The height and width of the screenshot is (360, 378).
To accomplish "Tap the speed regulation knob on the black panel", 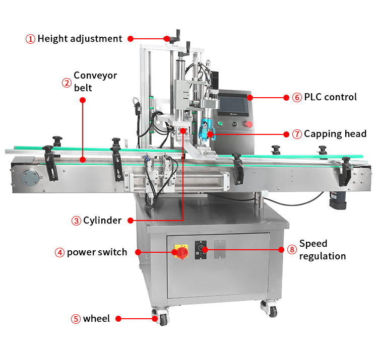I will [203, 249].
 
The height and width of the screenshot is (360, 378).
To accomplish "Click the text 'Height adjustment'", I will [80, 39].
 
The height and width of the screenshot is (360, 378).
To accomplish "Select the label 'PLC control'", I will [330, 97].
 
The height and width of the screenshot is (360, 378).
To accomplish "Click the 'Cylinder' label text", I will [102, 221].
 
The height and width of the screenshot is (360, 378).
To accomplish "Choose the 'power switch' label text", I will [97, 252].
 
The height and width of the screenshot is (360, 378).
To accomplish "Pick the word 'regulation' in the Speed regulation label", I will [323, 256].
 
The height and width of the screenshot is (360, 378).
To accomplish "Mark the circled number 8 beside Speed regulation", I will [292, 249].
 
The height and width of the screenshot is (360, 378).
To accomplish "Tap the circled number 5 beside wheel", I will [75, 319].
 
